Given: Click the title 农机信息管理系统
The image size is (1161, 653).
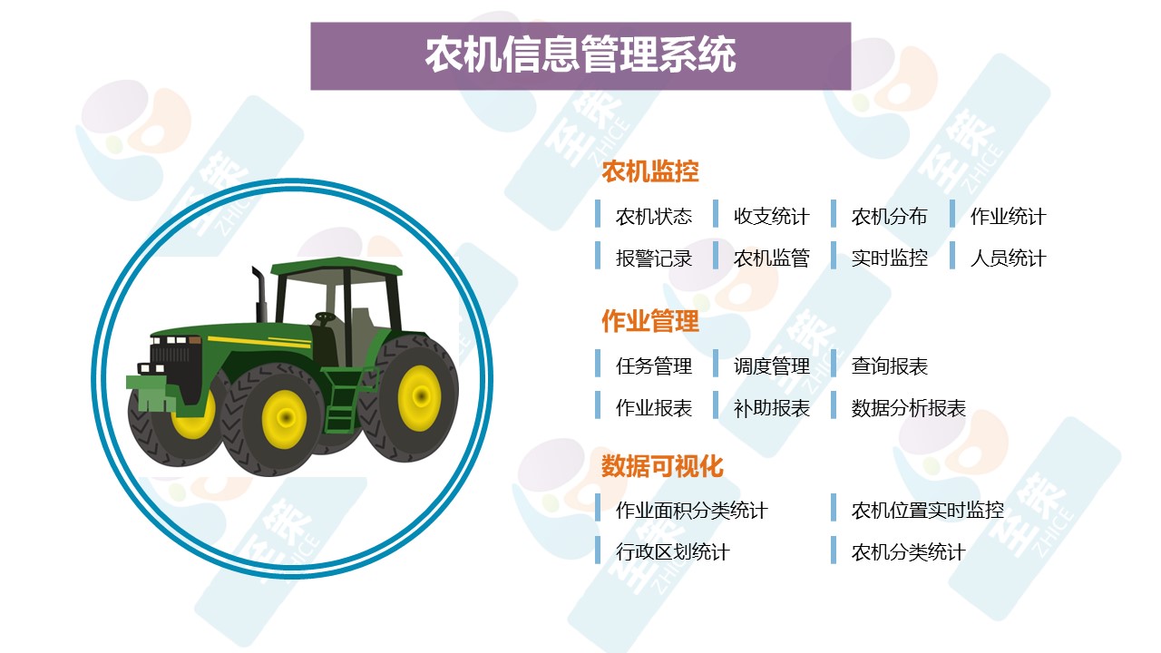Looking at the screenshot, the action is pos(580,54).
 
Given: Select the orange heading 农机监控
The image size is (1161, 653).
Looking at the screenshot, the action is pos(650,171).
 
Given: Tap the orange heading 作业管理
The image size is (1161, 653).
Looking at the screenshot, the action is pos(650,321).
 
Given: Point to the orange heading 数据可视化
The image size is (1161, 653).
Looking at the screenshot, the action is pos(662,465).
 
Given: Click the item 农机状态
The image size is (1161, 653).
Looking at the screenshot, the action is pos(654,216).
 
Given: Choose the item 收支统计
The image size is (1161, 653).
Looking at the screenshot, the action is pos(771,216).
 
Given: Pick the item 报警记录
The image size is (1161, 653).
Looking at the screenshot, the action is pos(654,258).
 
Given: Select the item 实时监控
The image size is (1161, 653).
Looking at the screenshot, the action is pos(890,258).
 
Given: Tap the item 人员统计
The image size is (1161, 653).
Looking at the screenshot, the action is pos(1008,258).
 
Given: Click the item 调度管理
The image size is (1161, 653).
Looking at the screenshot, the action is pos(771,365).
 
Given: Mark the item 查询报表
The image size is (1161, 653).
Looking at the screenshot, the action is pos(890,365).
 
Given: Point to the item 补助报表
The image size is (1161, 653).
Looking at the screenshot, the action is pos(771,408).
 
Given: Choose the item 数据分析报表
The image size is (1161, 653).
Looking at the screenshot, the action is pos(909,408).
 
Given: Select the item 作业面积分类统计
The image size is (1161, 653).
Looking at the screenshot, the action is pos(691,510).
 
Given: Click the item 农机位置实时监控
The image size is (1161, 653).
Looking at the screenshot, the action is pos(927,510).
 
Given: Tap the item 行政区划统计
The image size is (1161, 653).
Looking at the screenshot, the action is pos(672,551).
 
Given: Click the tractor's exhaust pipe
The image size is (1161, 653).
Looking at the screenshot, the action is pos(259,295).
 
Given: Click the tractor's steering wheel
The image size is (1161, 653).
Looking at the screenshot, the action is pos(325,317).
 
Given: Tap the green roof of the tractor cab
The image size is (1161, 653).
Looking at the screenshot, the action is pos(337,267).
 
